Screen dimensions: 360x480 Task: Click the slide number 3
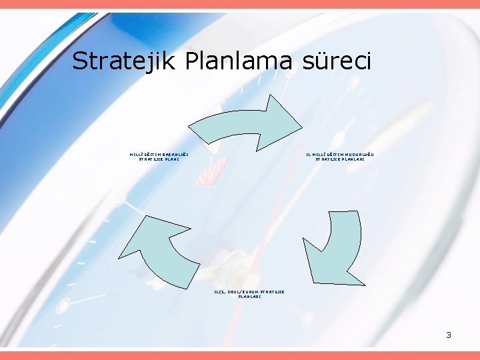[449, 335]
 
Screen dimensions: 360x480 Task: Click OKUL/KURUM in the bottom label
[242, 291]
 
